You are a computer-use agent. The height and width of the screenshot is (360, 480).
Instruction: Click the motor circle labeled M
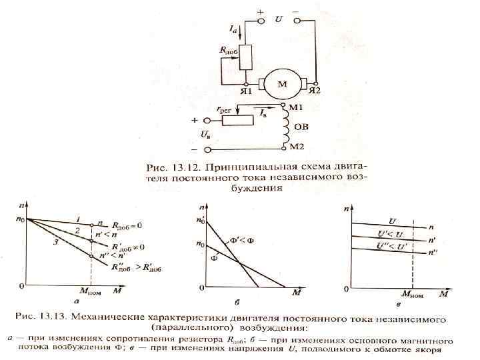(x=282, y=84)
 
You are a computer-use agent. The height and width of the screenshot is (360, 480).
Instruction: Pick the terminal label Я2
(x=314, y=91)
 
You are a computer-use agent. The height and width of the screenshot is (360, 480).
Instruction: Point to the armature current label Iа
(x=233, y=30)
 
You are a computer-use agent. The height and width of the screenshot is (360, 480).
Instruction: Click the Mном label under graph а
(x=91, y=291)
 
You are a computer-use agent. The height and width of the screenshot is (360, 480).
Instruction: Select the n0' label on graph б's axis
(x=198, y=219)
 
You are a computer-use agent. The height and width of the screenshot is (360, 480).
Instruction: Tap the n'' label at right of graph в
(x=434, y=252)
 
